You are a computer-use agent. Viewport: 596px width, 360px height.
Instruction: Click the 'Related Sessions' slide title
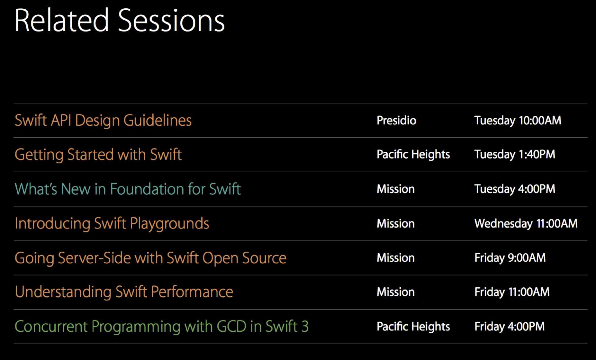pos(120,20)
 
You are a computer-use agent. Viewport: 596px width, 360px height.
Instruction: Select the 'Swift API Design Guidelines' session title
pos(103,121)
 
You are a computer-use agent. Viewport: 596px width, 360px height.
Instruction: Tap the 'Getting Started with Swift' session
pos(98,155)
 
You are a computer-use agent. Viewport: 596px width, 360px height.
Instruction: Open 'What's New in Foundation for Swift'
pos(128,189)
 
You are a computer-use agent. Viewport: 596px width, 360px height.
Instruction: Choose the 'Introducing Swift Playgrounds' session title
pos(112,224)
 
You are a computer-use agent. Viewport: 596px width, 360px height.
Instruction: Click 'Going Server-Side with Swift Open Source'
pos(150,258)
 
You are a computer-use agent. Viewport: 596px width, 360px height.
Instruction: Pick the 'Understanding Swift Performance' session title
pos(124,292)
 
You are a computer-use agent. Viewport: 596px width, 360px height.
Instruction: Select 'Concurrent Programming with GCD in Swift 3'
pos(162,327)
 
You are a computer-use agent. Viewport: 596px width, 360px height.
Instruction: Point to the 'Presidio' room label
pos(396,121)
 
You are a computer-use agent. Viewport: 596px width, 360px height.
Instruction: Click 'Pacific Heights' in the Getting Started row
pos(413,155)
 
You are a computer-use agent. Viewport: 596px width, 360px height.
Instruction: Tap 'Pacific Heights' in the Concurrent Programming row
pos(413,327)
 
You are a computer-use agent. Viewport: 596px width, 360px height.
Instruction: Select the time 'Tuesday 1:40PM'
pos(515,155)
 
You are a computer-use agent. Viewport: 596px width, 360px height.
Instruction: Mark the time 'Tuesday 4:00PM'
pos(515,189)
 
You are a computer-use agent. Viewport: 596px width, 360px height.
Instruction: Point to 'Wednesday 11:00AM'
pos(526,224)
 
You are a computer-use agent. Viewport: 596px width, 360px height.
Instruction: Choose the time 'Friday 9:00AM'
pos(510,258)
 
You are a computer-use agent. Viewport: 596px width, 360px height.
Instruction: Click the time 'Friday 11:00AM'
pos(512,292)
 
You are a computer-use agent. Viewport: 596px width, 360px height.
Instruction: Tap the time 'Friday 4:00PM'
pos(510,327)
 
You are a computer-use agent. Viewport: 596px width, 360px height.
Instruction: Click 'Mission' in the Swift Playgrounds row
pos(396,224)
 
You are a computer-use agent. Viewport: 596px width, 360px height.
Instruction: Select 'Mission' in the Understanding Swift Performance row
pos(396,292)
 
